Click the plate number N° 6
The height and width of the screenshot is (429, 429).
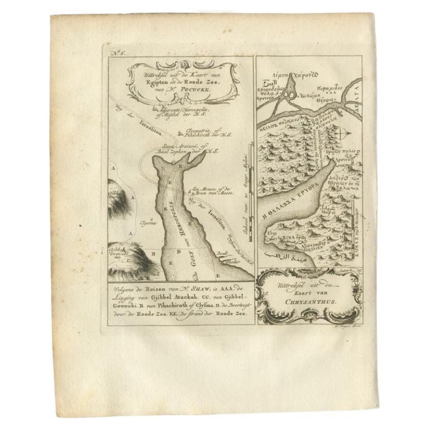(118, 54)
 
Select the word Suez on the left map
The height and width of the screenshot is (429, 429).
(151, 147)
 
